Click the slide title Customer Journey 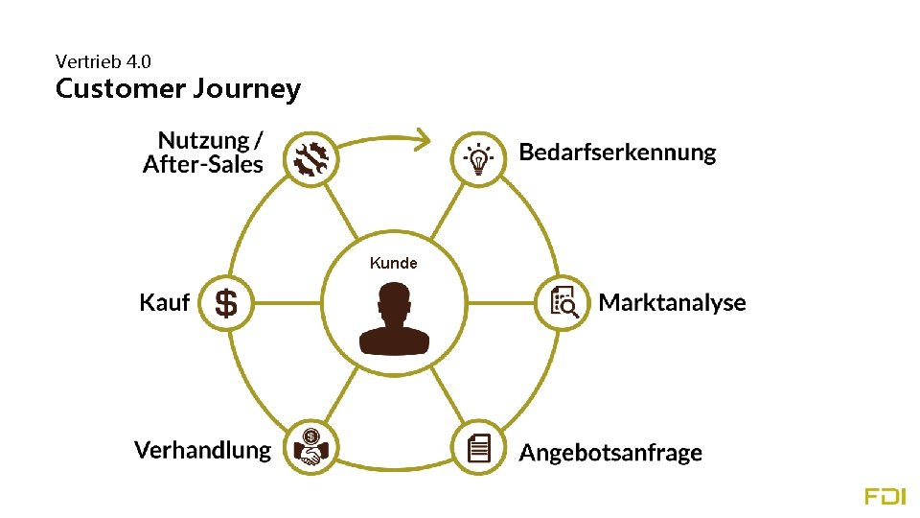tap(178, 89)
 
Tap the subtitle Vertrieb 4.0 tap(103, 61)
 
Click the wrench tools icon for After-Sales tap(311, 157)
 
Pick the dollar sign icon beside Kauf tap(226, 304)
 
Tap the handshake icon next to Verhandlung tap(311, 447)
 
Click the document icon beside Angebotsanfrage tap(478, 447)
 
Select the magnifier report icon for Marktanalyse tap(563, 304)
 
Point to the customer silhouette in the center tap(394, 322)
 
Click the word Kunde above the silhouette tap(394, 263)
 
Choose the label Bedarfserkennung tap(617, 152)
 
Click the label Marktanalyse tap(672, 303)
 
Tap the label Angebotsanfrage tap(610, 453)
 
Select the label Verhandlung tap(202, 450)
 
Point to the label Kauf tap(164, 303)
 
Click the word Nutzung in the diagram tap(203, 141)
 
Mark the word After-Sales tap(202, 165)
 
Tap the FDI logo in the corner tap(884, 496)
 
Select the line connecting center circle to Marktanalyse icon tap(501, 304)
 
